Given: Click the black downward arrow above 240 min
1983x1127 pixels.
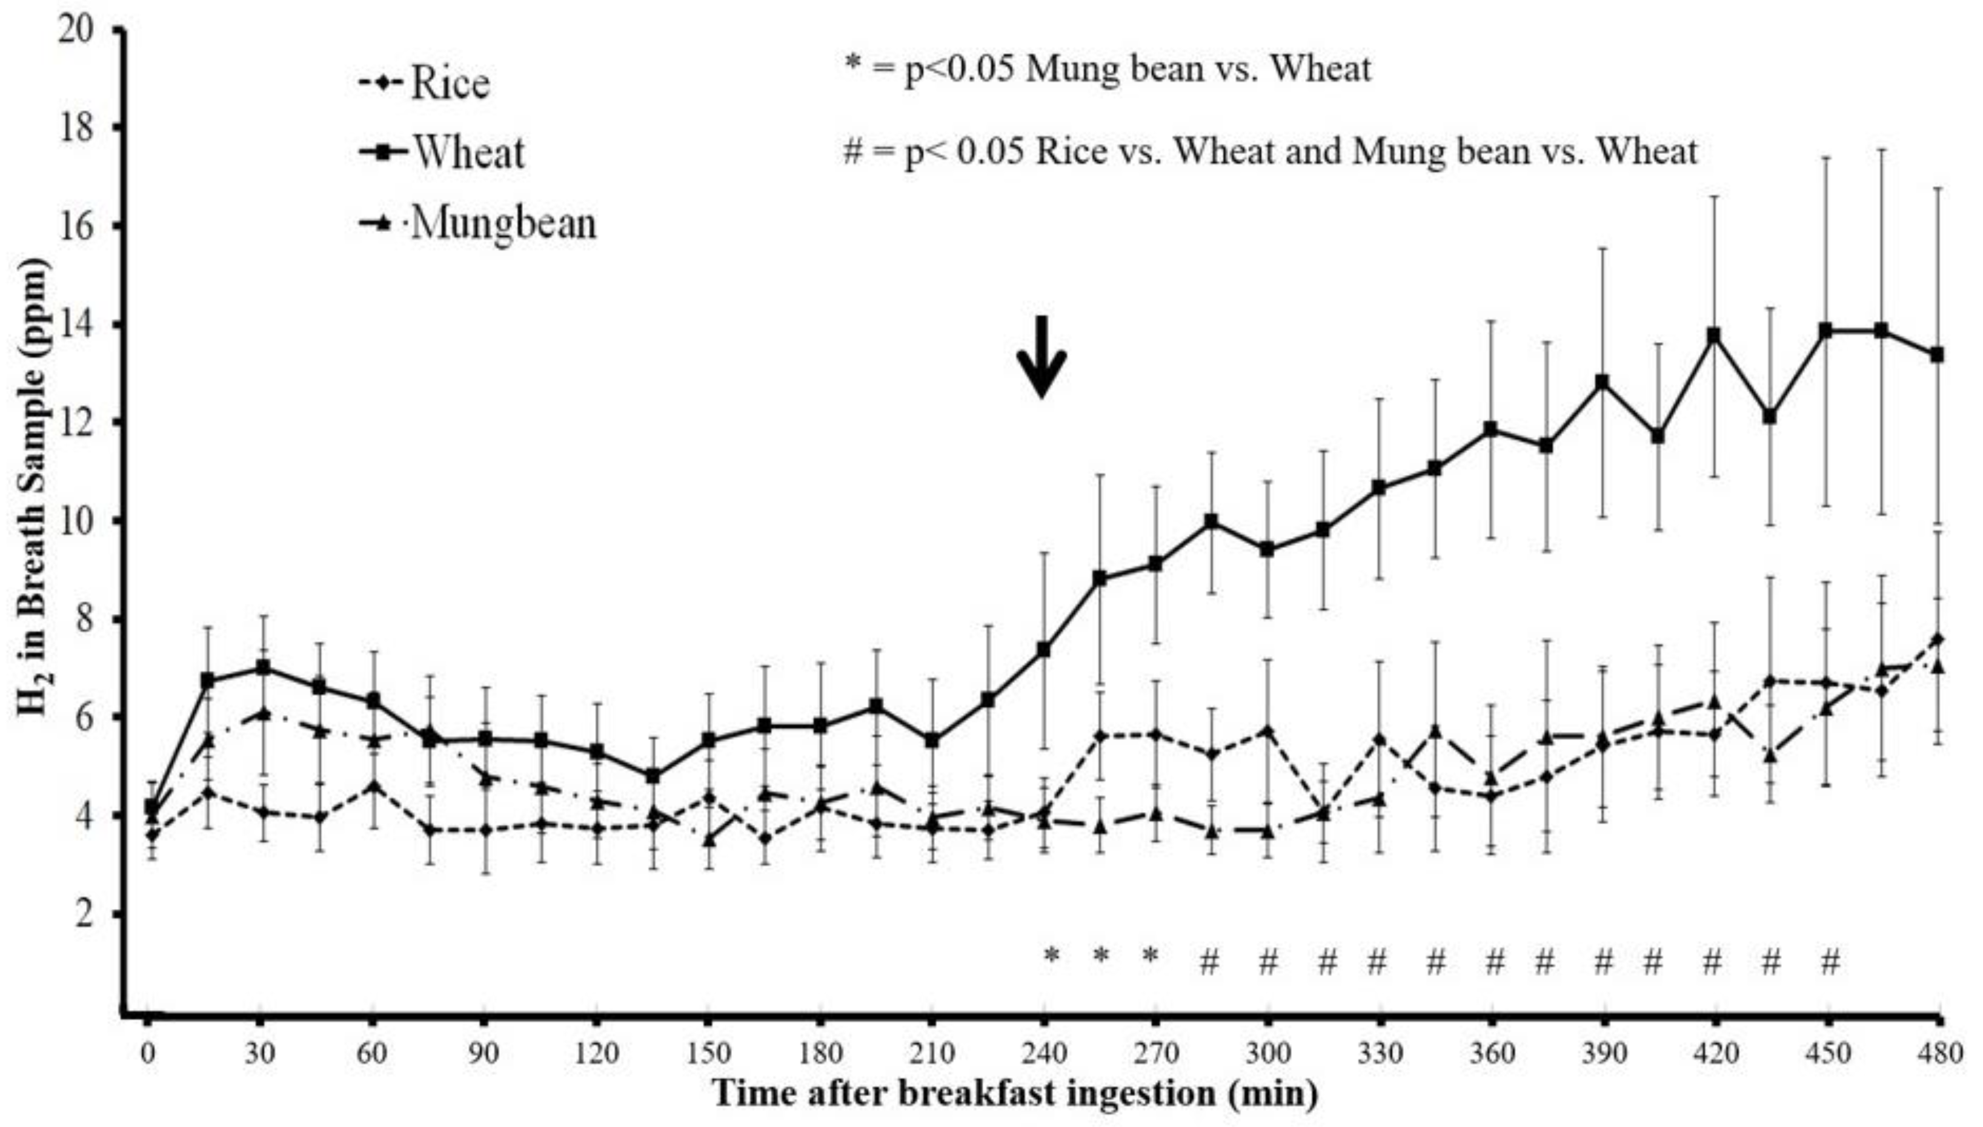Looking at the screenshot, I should click(1041, 357).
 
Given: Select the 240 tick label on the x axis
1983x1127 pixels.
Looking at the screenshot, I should click(1044, 1054).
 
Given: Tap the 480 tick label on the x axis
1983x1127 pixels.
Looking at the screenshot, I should click(1939, 1054).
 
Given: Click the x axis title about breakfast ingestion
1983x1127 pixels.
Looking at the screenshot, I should click(1014, 1094).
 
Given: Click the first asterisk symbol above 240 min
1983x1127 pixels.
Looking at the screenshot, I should click(1051, 955).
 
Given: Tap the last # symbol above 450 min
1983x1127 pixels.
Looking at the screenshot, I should click(1830, 963).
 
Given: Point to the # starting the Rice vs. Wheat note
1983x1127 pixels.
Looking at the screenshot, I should click(852, 153).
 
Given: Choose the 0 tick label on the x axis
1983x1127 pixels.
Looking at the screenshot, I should click(148, 1054).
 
